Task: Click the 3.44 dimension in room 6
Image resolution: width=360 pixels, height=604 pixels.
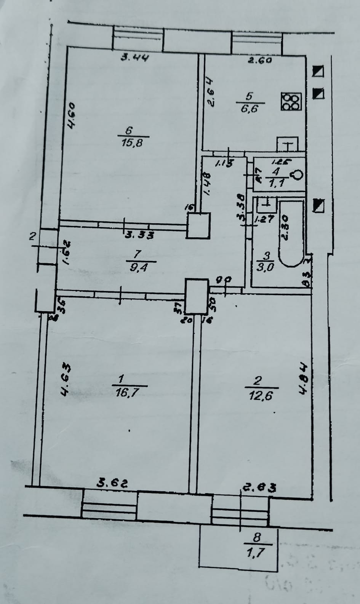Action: coord(134,58)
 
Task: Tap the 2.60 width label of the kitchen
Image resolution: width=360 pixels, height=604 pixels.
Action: coord(259,60)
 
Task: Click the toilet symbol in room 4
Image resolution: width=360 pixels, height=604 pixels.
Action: coord(297,175)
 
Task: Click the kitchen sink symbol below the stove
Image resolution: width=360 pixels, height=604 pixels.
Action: coord(288,145)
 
